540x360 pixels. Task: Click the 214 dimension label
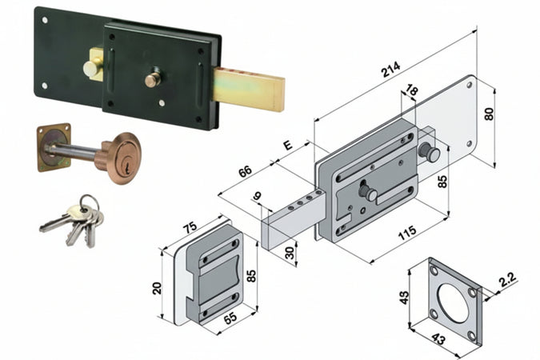click(x=391, y=70)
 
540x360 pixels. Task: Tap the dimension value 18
click(x=411, y=90)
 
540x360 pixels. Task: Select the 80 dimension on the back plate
click(x=489, y=114)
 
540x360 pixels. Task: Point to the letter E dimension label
click(x=288, y=146)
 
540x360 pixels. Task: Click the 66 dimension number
click(x=246, y=171)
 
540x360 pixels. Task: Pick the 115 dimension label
click(x=407, y=233)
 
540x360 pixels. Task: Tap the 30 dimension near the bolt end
click(x=290, y=253)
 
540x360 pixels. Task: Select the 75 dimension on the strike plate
click(x=190, y=228)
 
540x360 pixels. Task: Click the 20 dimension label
click(x=157, y=288)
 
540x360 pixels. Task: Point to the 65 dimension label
click(x=230, y=318)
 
